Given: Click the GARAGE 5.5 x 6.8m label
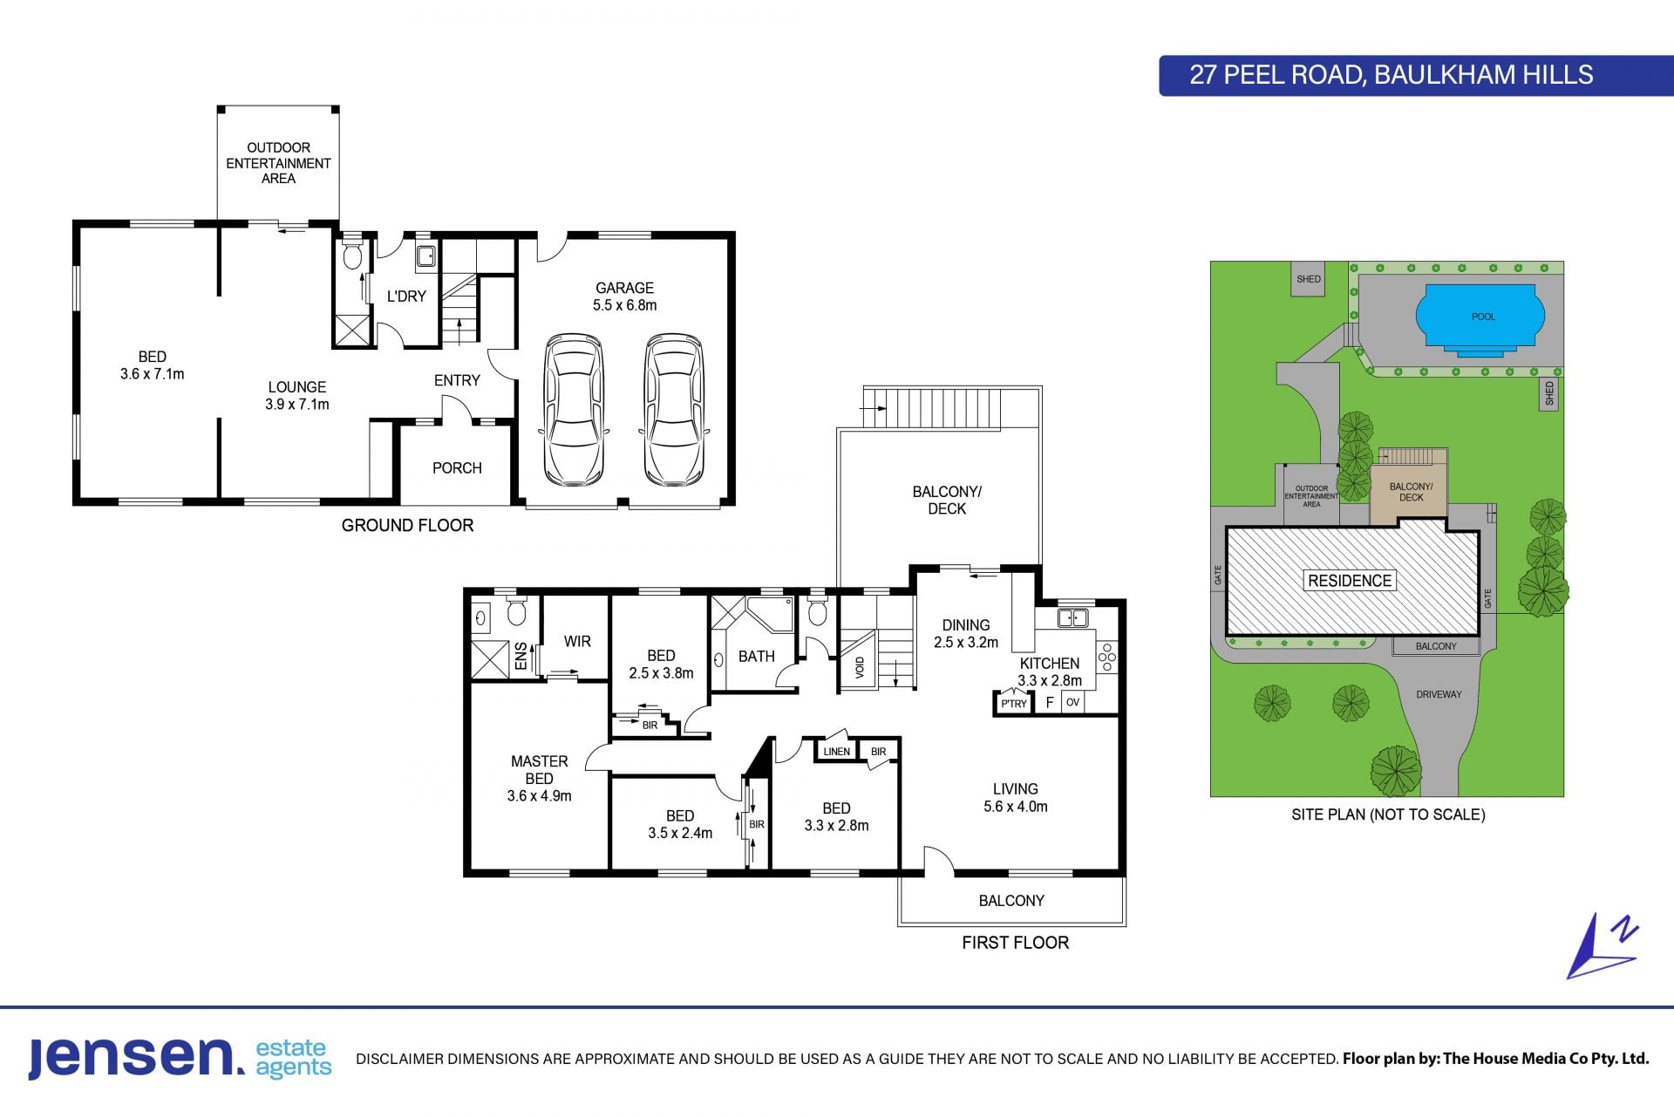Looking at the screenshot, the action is tap(624, 297).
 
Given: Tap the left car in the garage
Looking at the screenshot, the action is tap(574, 409).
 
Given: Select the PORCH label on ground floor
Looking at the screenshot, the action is tap(457, 468).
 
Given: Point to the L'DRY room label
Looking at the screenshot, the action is tap(406, 297).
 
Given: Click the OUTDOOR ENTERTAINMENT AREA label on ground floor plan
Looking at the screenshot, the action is tap(278, 163).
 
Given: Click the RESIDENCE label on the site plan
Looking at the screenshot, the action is tap(1350, 581).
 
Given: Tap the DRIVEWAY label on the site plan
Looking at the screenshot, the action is tap(1439, 695).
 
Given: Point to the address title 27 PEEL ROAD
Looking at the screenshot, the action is tap(1276, 75).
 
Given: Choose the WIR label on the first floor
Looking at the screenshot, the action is tap(577, 642).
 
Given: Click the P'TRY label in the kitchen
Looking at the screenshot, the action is tap(1014, 704).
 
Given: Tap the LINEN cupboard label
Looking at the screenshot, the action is tap(836, 752).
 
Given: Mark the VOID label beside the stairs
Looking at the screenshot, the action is tap(860, 668).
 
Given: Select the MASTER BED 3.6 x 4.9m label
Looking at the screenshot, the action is tap(539, 779).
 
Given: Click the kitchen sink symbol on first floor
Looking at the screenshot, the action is tap(1072, 618).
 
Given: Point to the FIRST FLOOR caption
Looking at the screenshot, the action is tap(1015, 943).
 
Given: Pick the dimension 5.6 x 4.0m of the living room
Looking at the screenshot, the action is tap(1016, 807).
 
